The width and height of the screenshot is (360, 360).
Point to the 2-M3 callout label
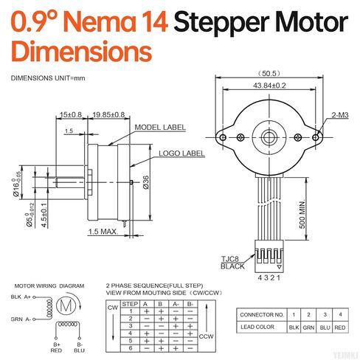(x=340, y=115)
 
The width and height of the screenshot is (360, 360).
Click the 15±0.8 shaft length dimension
(x=72, y=115)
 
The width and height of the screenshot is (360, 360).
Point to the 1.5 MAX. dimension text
(x=104, y=232)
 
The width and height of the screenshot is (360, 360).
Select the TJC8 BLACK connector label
(x=232, y=262)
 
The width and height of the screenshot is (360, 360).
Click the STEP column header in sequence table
(x=130, y=303)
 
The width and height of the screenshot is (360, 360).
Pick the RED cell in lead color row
(x=339, y=325)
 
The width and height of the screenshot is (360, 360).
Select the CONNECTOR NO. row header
(x=259, y=314)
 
